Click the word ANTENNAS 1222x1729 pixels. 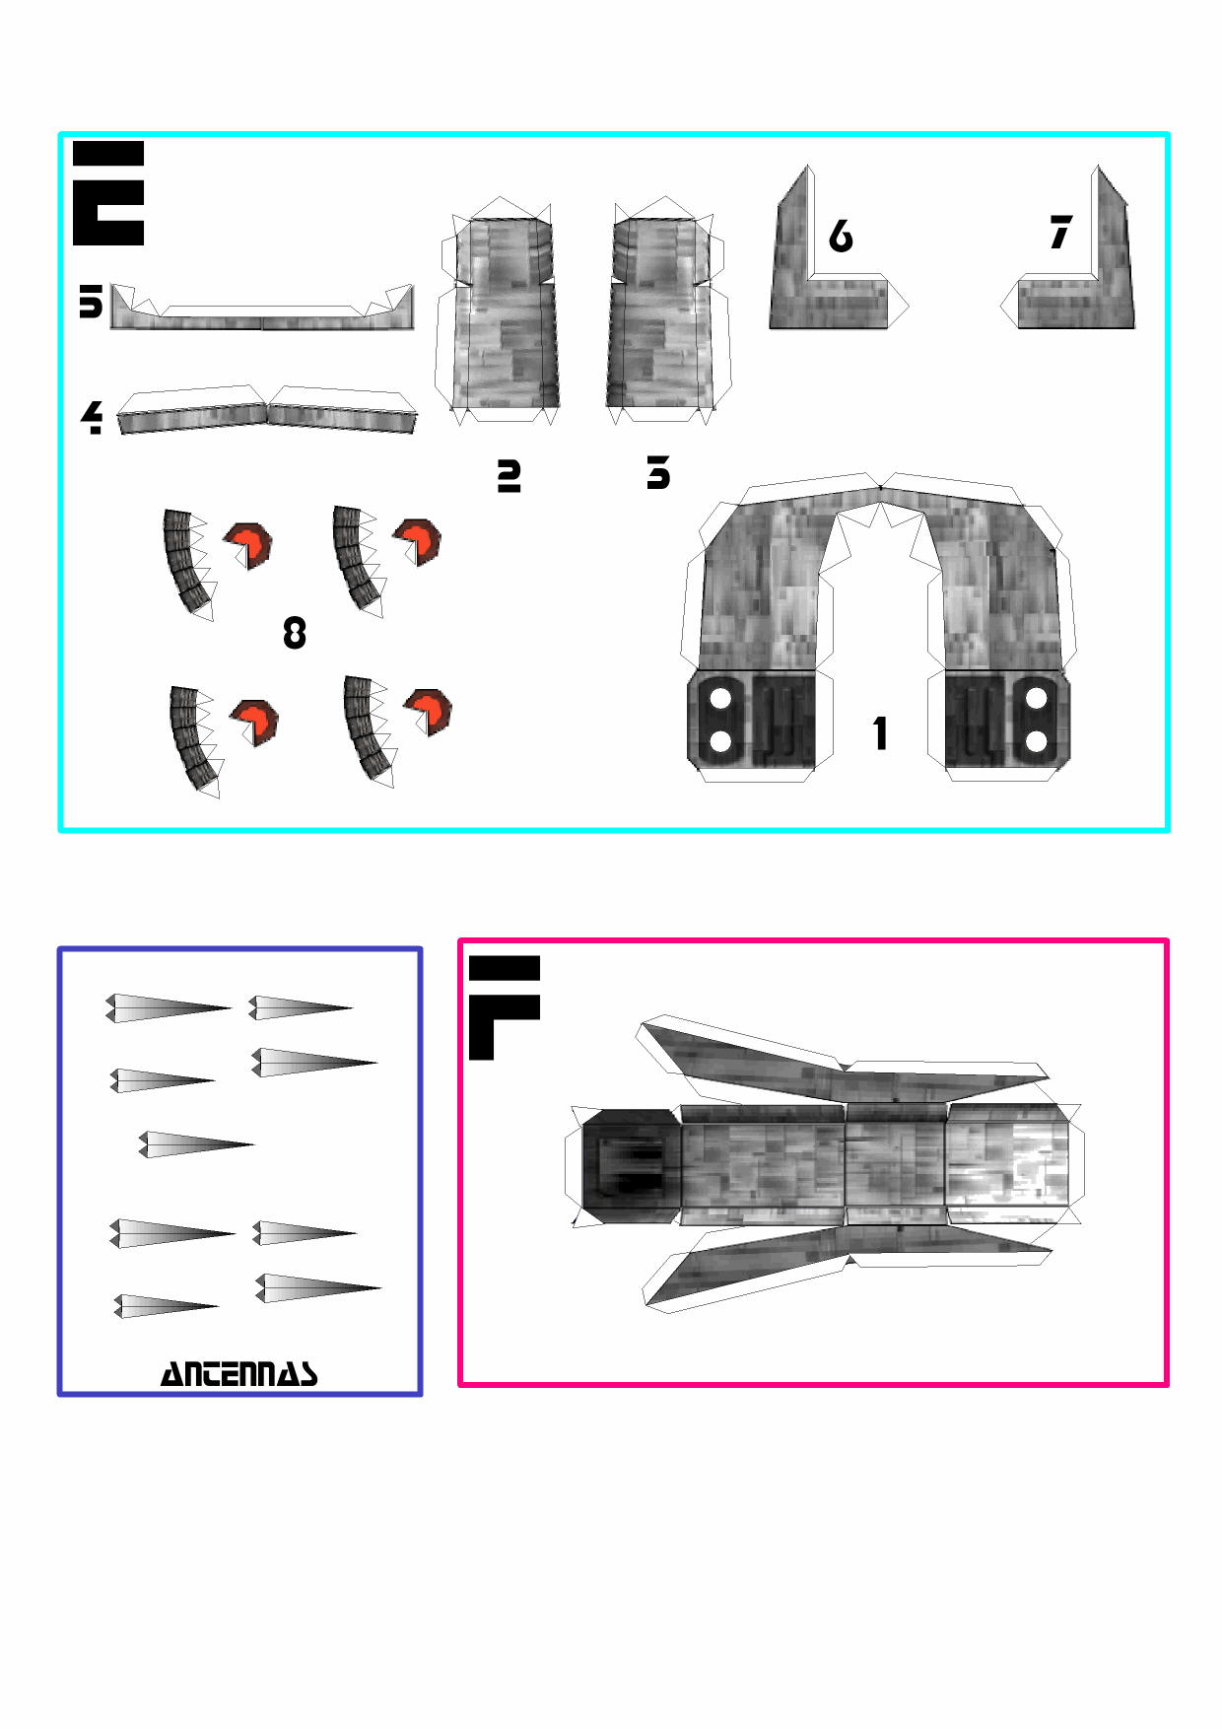tap(239, 1373)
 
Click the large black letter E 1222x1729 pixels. tap(108, 193)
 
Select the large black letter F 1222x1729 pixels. tap(504, 1007)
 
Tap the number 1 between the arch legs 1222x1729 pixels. tap(880, 733)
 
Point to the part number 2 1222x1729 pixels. tap(509, 475)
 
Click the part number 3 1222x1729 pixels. tap(658, 473)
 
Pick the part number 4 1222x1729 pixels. tap(92, 417)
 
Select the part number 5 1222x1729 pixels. tap(91, 302)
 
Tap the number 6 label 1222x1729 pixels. tap(841, 236)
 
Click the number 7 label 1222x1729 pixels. tap(1060, 233)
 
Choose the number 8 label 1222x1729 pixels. tap(295, 633)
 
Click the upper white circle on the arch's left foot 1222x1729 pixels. tap(720, 699)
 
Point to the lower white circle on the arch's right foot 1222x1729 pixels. tap(1036, 741)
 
